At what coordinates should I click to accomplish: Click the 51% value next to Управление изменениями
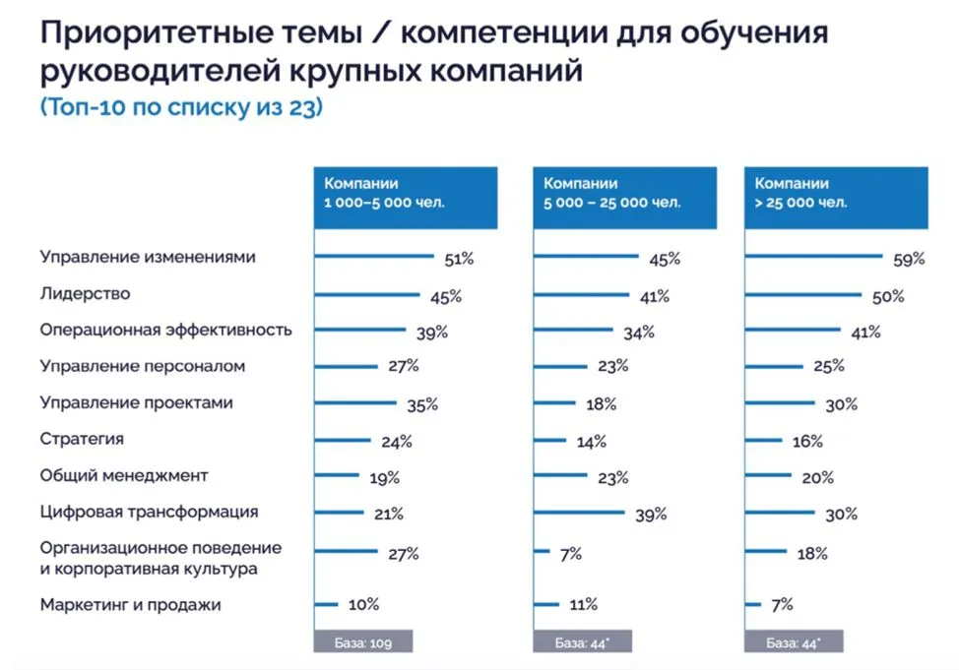[x=459, y=260]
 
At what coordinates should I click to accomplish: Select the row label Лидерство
[x=85, y=293]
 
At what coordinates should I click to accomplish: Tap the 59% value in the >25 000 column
[x=909, y=260]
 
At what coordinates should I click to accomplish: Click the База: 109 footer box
[x=362, y=643]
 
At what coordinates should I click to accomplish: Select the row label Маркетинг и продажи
[x=130, y=605]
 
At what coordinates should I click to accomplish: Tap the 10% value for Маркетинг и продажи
[x=362, y=605]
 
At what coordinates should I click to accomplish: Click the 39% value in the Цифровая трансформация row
[x=650, y=515]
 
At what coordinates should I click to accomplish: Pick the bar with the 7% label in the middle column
[x=541, y=553]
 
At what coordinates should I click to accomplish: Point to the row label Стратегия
[x=82, y=439]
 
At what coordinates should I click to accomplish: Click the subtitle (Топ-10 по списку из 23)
[x=181, y=108]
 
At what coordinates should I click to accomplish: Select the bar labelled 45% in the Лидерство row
[x=368, y=295]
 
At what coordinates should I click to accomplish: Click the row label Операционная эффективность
[x=165, y=330]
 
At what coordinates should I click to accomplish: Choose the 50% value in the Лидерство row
[x=887, y=296]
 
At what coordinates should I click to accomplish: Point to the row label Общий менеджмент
[x=124, y=475]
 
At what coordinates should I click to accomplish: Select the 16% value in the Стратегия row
[x=806, y=442]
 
